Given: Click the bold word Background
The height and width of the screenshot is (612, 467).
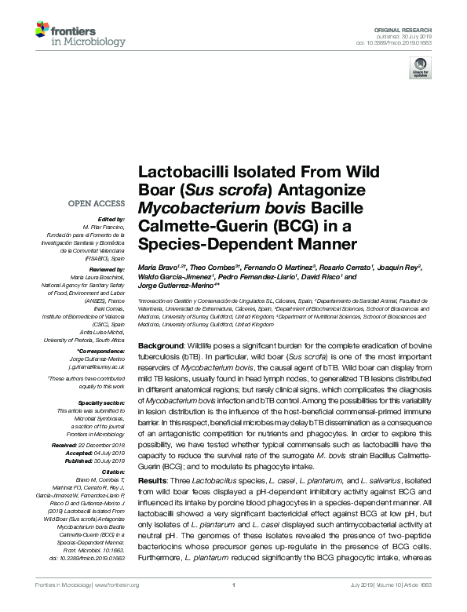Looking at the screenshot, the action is click(x=162, y=345).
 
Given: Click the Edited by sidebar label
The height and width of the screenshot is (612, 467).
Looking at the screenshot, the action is click(x=111, y=219).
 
